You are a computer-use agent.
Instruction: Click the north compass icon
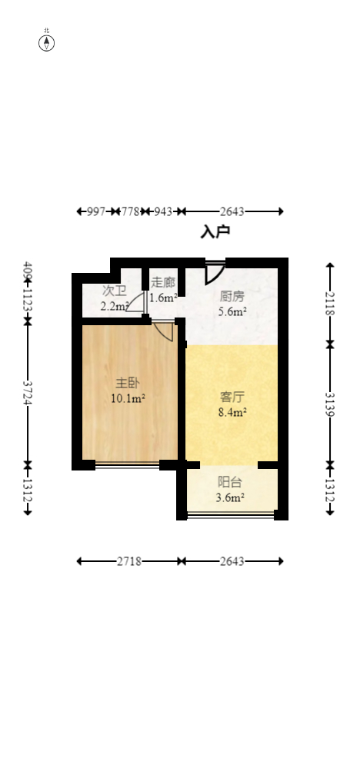[x=47, y=42]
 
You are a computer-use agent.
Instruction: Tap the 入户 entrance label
[x=215, y=231]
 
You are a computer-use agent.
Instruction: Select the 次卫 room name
[x=114, y=291]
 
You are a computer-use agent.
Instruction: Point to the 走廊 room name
[x=163, y=282]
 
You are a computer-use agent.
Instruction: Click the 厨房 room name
[x=232, y=296]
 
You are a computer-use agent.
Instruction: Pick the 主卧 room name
[x=128, y=383]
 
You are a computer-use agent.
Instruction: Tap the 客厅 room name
[x=232, y=397]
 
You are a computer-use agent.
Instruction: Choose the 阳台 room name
[x=230, y=482]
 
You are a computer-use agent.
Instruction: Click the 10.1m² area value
[x=128, y=398]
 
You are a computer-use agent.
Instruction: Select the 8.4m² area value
[x=232, y=413]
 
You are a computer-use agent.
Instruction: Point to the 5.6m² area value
[x=232, y=311]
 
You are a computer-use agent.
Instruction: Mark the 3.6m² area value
[x=230, y=497]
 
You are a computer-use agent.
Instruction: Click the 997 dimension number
[x=95, y=211]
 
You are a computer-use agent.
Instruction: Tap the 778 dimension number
[x=131, y=211]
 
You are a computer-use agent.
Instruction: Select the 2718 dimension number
[x=128, y=561]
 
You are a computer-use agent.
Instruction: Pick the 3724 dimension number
[x=28, y=394]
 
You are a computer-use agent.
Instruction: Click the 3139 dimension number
[x=330, y=404]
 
